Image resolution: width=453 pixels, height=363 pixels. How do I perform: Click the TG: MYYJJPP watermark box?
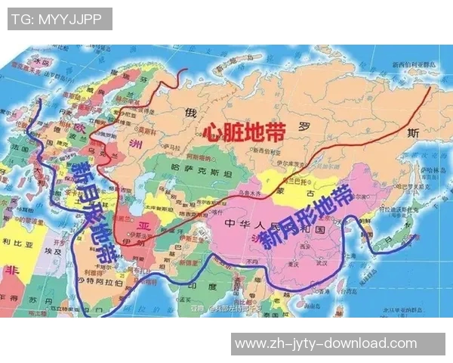point(60,19)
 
